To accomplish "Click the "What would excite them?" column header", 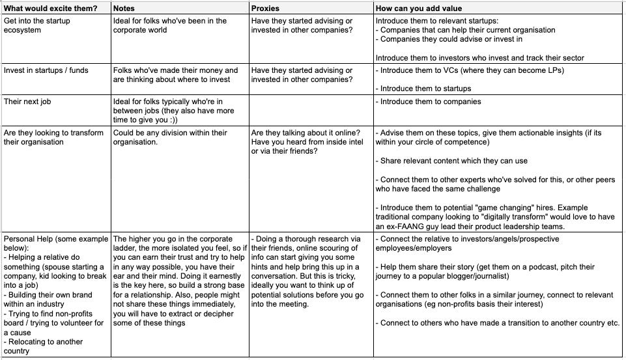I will point(51,8).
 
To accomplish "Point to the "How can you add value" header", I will point(419,8).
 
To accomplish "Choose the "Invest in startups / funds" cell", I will point(46,70).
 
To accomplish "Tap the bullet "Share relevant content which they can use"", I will point(453,161).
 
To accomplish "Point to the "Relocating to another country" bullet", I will point(43,346).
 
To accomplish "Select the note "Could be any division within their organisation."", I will point(170,137).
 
